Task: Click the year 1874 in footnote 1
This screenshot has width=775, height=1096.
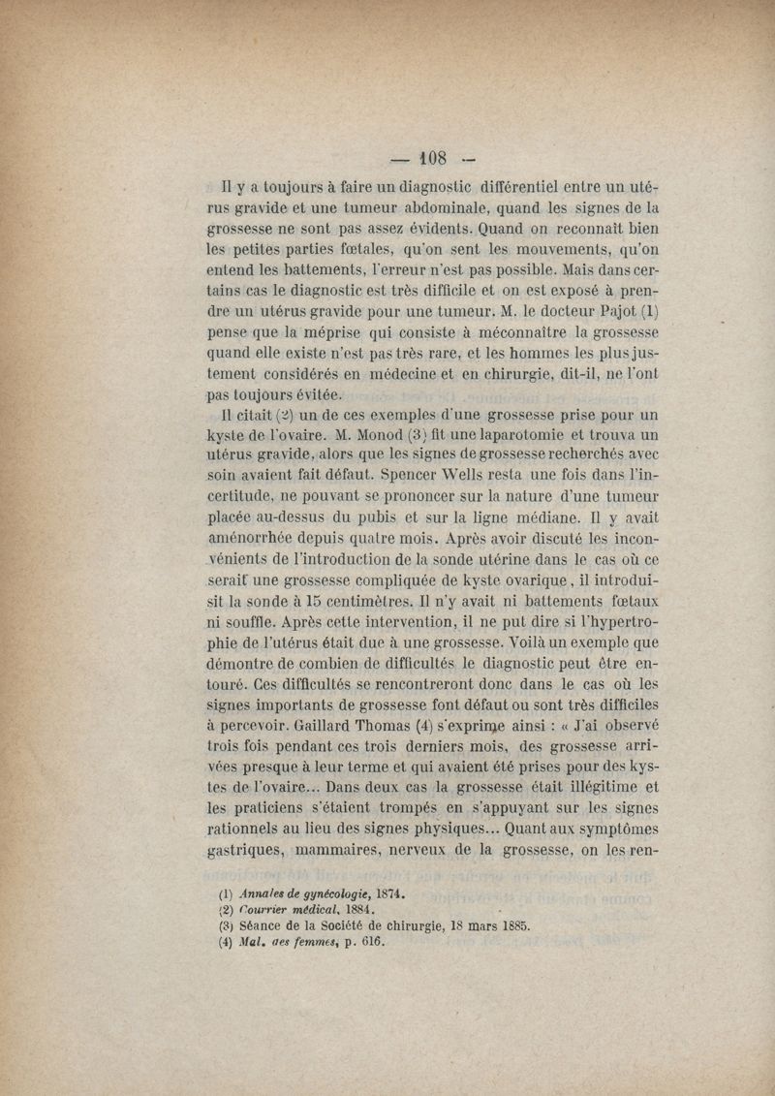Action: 385,893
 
